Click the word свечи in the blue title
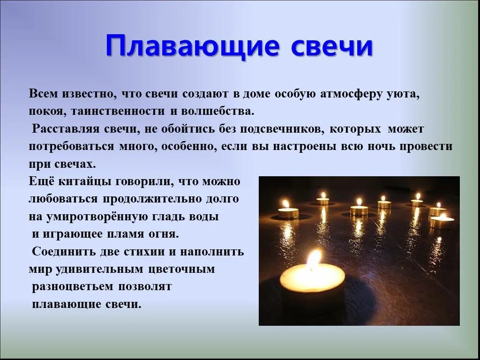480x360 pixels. [332, 46]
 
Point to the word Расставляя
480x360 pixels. [63, 129]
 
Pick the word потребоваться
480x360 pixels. [71, 146]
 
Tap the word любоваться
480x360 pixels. [63, 199]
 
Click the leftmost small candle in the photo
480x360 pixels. [288, 213]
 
